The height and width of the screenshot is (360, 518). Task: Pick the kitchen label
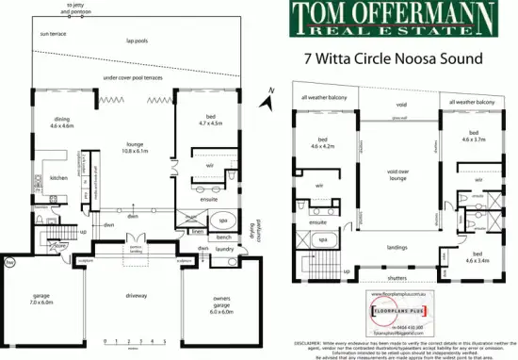tap(58, 177)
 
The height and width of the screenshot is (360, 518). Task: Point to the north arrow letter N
tap(270, 90)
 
